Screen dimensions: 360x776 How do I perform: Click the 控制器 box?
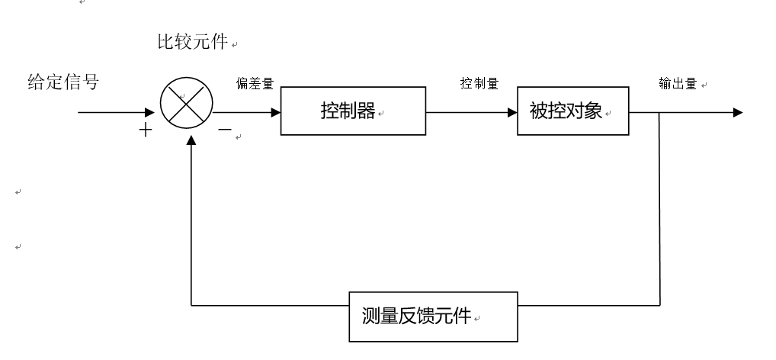coord(353,112)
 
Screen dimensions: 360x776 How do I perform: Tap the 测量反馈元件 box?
coord(432,316)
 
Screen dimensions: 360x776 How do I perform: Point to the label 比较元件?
coord(191,43)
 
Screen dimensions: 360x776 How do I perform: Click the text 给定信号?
coord(63,82)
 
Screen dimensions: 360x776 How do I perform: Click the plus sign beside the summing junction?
coord(144,130)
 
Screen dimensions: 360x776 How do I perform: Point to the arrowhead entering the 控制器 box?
coord(274,112)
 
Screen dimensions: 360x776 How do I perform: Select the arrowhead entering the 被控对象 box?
coord(511,112)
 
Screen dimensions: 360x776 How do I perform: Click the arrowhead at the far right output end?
coord(736,112)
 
